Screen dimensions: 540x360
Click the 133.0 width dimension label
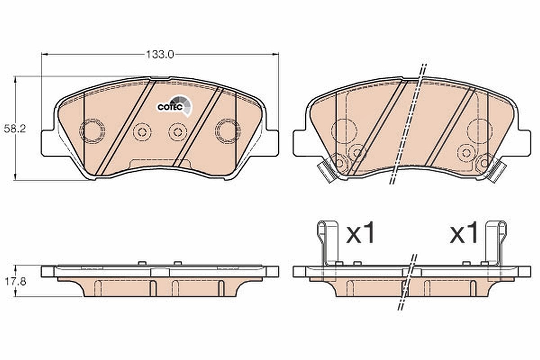(160, 55)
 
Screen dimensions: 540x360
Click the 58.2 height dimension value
(15, 129)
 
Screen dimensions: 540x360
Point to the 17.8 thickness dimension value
(15, 281)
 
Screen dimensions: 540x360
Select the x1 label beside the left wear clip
(360, 233)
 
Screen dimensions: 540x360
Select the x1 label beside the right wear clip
(464, 233)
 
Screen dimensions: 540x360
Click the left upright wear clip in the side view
(328, 243)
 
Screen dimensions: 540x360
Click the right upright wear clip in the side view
(496, 243)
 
